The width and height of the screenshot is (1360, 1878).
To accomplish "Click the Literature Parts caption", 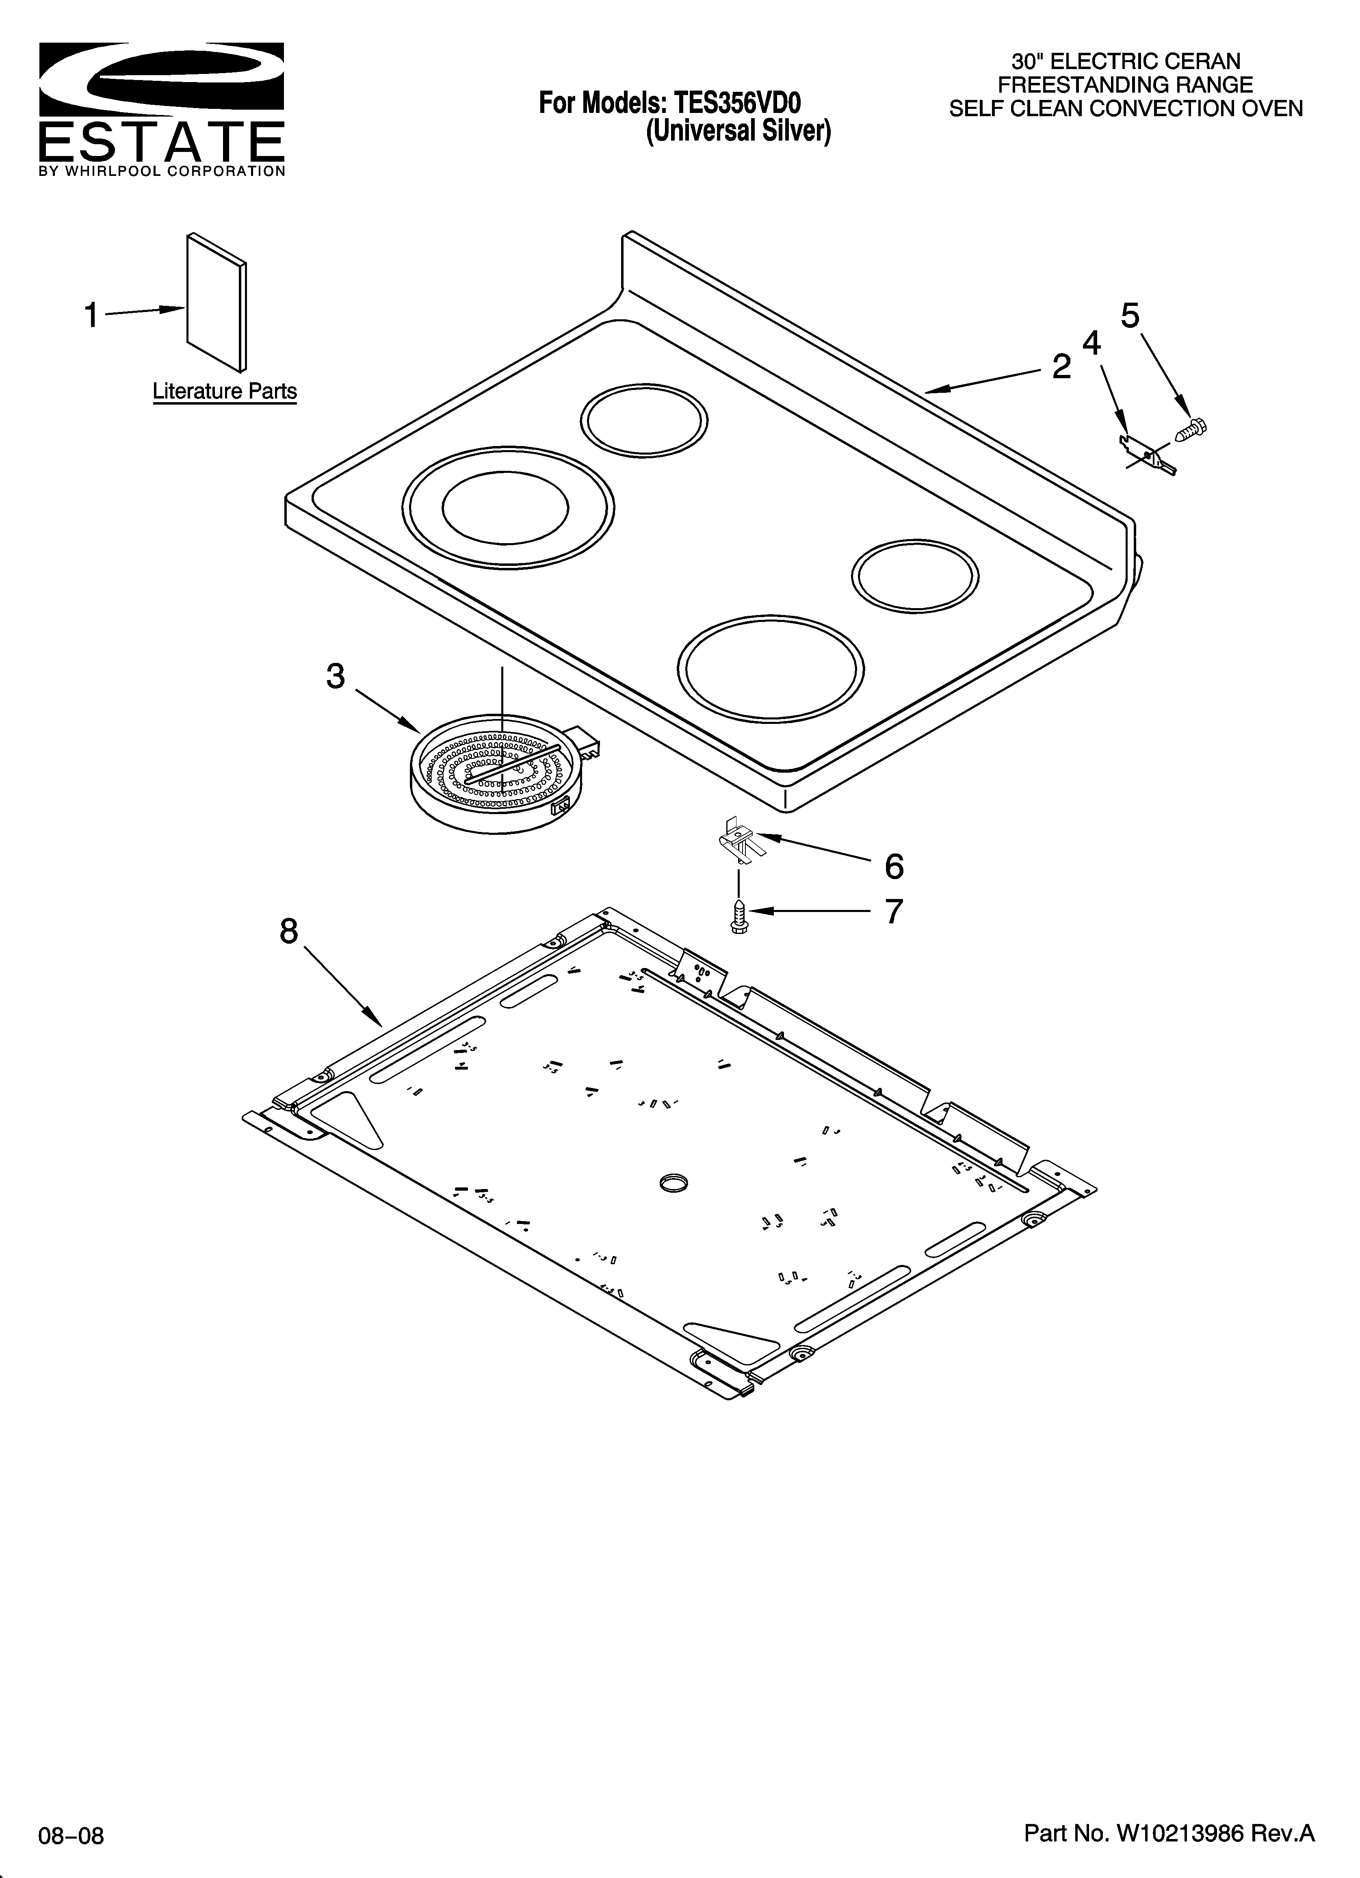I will [x=225, y=391].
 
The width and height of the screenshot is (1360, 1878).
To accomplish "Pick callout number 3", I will [x=336, y=676].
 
